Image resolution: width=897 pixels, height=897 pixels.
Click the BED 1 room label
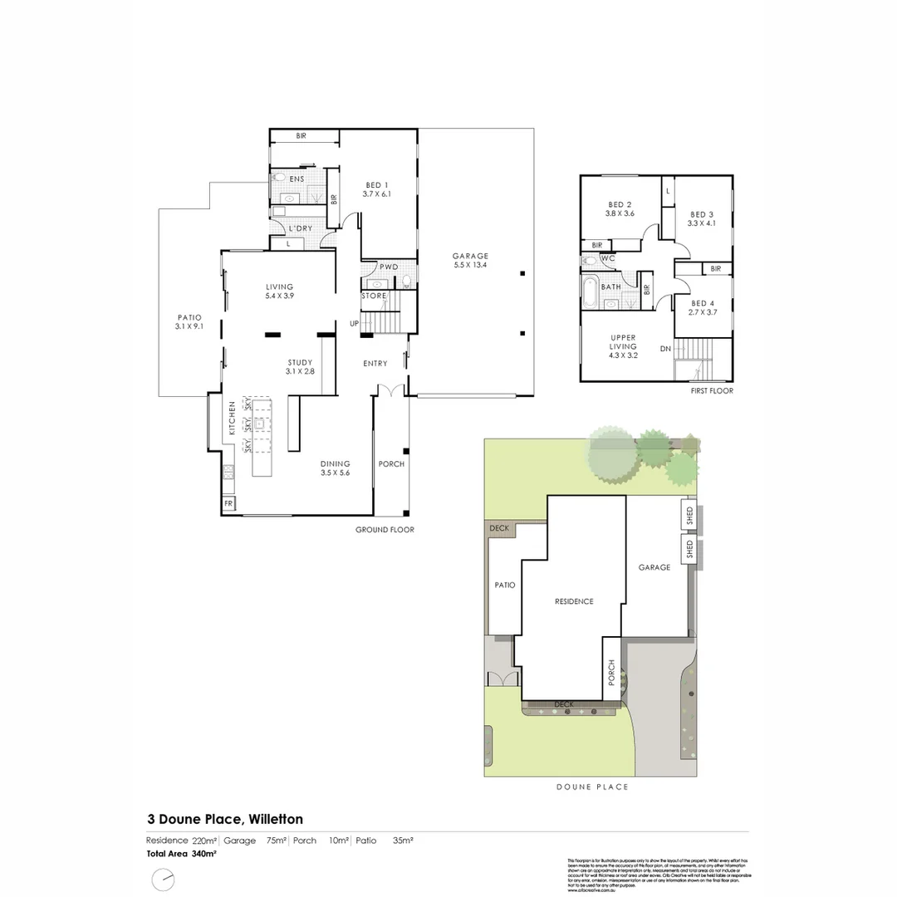[376, 185]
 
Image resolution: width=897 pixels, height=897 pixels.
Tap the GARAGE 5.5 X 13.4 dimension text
[470, 266]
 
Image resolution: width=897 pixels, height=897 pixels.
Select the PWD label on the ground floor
[389, 267]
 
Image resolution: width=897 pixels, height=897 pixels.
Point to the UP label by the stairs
[355, 323]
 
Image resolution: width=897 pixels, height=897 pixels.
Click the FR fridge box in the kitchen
[228, 503]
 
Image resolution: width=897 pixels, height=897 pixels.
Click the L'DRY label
[300, 228]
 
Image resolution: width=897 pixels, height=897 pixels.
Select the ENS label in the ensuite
[297, 179]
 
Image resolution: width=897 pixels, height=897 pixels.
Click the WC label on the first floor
[607, 258]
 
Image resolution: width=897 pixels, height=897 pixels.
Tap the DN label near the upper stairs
[665, 349]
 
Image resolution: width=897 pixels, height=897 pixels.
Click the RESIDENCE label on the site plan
[574, 601]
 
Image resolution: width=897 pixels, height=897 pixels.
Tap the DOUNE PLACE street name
[592, 787]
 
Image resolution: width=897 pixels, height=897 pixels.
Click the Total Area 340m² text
[181, 854]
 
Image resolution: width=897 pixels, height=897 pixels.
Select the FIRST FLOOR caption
[712, 390]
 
